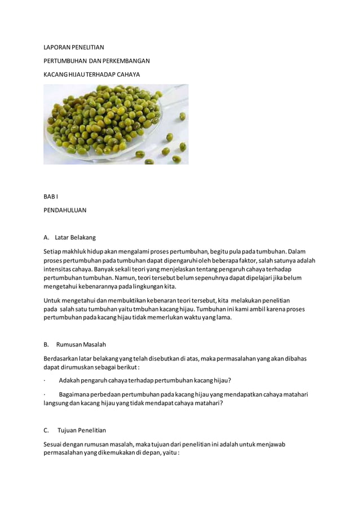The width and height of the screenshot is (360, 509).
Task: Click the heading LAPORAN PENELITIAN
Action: click(74, 47)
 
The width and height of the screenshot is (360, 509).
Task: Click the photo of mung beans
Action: click(116, 124)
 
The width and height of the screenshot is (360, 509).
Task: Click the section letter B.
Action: click(46, 344)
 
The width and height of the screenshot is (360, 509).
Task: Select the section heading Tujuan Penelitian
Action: click(81, 431)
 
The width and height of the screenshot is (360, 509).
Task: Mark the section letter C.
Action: click(46, 431)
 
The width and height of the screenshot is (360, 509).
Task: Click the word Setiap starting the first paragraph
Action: click(53, 251)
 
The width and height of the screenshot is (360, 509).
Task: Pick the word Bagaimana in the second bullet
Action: click(74, 394)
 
